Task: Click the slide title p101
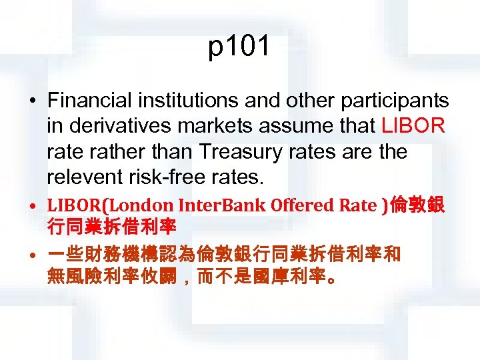pyautogui.click(x=239, y=48)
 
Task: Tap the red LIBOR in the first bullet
pyautogui.click(x=413, y=127)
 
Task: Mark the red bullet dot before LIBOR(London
pyautogui.click(x=33, y=207)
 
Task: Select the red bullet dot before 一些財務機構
pyautogui.click(x=33, y=254)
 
